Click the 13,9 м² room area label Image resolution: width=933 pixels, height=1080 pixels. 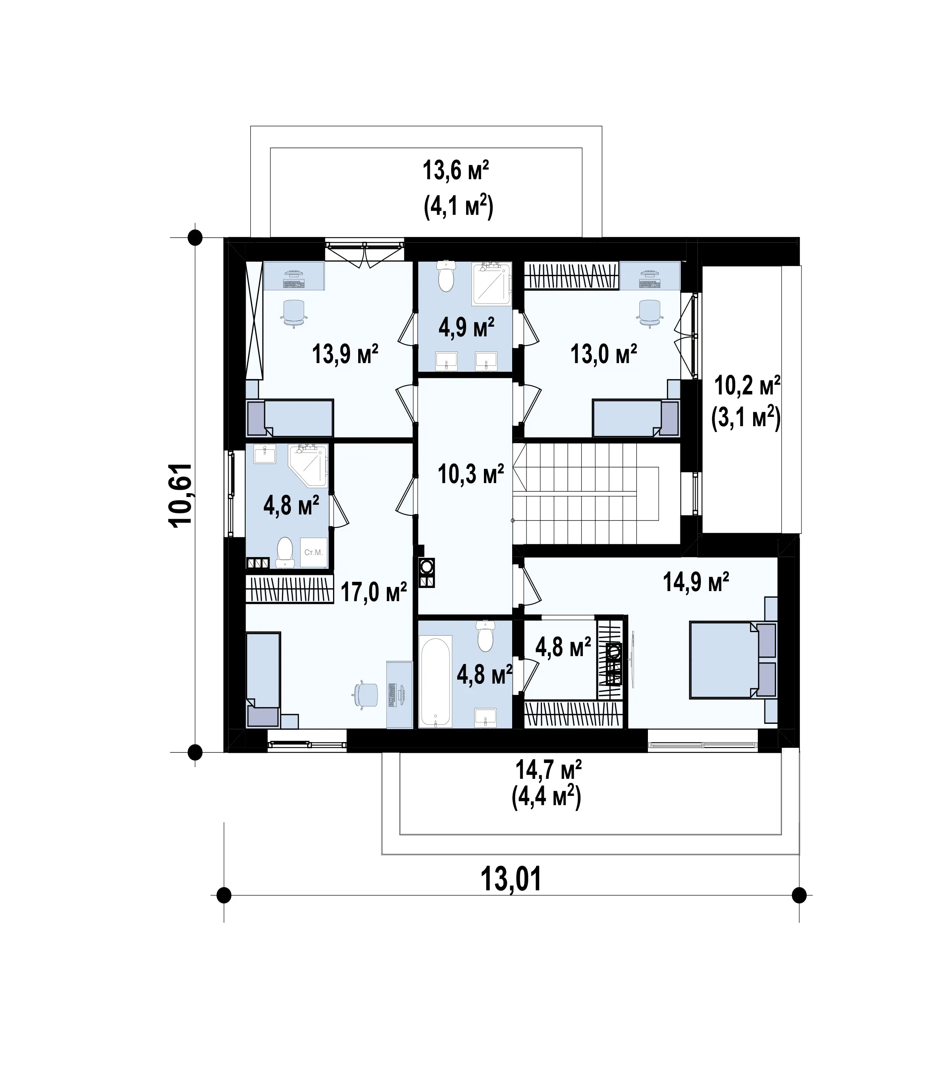[345, 355]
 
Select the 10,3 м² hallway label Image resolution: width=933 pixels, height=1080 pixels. [471, 474]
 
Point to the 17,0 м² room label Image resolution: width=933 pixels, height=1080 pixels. [374, 592]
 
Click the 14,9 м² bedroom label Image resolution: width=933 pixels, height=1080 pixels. [695, 582]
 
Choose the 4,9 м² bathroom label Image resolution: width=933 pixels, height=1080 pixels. [466, 327]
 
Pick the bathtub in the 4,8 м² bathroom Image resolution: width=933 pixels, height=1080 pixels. [436, 681]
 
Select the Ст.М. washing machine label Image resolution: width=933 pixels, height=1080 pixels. [314, 552]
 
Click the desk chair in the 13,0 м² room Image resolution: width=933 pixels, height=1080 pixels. [649, 313]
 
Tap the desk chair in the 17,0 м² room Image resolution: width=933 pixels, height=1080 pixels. [366, 695]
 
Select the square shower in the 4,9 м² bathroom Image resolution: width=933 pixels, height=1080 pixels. [491, 284]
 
